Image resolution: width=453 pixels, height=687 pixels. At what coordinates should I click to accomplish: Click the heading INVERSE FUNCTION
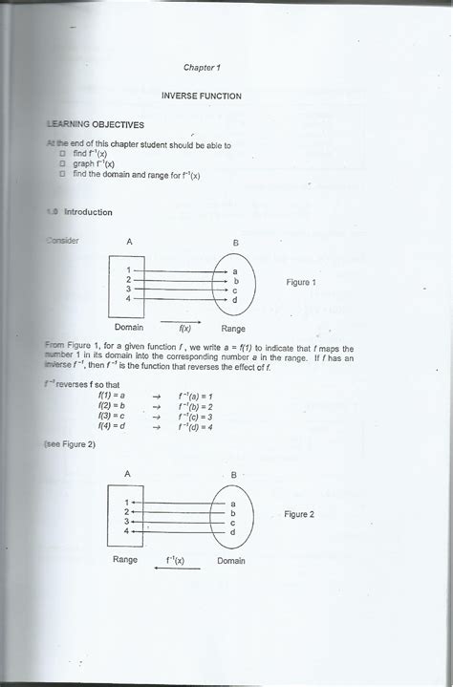(x=201, y=96)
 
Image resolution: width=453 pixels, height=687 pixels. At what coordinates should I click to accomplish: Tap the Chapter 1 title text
(x=202, y=68)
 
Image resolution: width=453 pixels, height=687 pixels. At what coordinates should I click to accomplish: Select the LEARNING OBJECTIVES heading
(x=96, y=124)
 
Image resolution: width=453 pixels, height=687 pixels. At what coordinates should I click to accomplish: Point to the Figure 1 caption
(x=301, y=282)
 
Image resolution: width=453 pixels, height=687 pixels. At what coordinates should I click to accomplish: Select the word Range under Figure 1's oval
(x=233, y=327)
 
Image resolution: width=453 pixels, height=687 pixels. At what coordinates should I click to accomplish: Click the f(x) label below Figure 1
(x=185, y=327)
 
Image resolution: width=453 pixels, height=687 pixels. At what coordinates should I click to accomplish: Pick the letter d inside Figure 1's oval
(x=235, y=301)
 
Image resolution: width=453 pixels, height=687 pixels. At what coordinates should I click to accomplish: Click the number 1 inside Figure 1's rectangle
(x=128, y=270)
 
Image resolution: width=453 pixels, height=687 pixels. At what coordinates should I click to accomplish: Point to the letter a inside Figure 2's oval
(x=232, y=503)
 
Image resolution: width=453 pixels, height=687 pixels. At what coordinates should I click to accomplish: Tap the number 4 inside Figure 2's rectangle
(x=126, y=531)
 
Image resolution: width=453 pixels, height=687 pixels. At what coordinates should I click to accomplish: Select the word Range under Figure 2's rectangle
(x=125, y=560)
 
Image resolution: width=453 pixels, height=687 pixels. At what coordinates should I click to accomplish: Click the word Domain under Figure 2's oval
(x=230, y=560)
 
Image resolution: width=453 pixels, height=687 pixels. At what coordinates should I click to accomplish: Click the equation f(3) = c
(x=112, y=417)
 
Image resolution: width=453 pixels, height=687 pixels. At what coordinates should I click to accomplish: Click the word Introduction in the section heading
(x=88, y=212)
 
